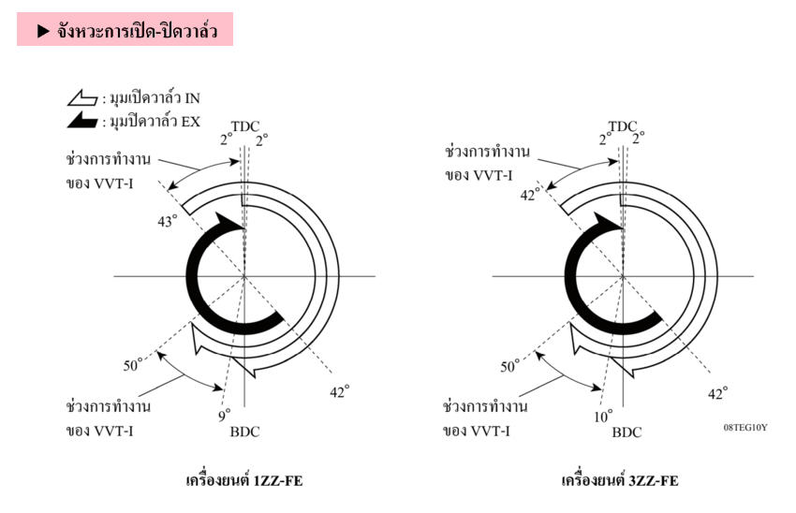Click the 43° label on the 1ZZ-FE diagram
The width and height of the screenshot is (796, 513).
click(168, 221)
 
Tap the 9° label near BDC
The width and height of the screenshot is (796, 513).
click(225, 415)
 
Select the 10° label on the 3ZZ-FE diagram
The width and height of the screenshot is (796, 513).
click(603, 417)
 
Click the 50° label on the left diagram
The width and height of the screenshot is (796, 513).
click(133, 365)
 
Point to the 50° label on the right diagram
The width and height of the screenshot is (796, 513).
click(510, 366)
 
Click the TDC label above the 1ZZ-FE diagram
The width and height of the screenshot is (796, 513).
click(245, 126)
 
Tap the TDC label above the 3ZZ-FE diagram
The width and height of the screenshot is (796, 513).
click(623, 126)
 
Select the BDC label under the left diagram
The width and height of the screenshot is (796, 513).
click(244, 432)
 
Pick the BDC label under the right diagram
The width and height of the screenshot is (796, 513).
click(626, 432)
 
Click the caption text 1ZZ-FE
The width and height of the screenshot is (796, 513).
click(278, 480)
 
